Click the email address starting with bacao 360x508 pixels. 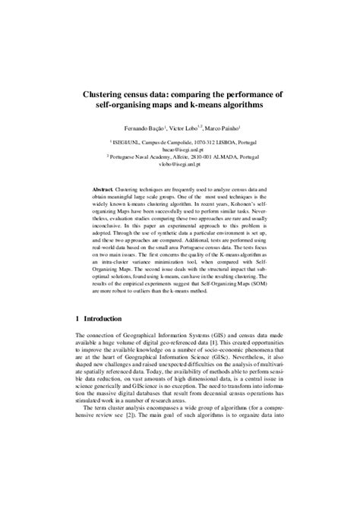tap(179, 149)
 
